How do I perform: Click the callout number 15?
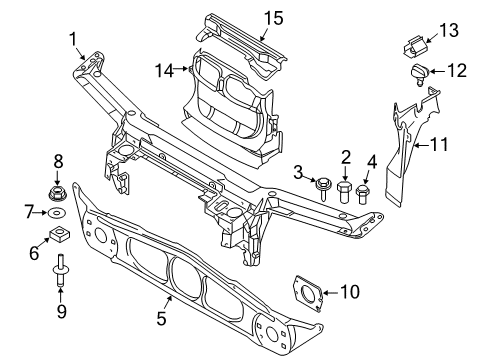click(x=274, y=18)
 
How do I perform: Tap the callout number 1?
click(x=73, y=39)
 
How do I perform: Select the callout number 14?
click(x=165, y=71)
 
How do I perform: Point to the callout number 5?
click(x=161, y=318)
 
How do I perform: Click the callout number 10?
click(x=350, y=292)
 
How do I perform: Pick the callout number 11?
click(x=439, y=145)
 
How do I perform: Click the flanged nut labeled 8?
click(x=57, y=194)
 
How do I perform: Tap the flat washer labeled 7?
click(x=57, y=213)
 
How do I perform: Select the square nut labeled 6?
click(x=59, y=233)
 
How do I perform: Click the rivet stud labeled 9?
click(x=59, y=270)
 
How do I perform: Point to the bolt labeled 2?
click(x=345, y=192)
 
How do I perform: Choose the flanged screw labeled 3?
click(x=322, y=188)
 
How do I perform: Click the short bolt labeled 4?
click(x=362, y=194)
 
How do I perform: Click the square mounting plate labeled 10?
click(x=308, y=293)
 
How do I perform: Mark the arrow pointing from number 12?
click(x=438, y=71)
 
